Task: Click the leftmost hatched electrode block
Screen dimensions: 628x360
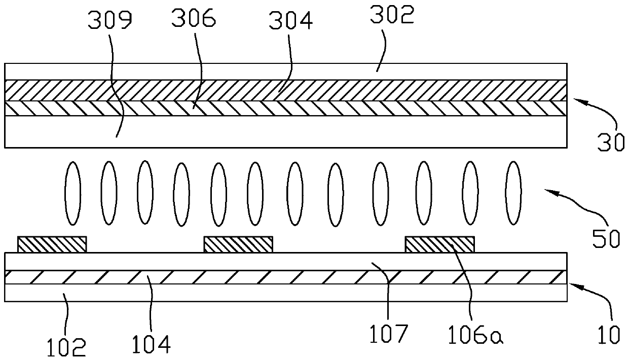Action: point(52,244)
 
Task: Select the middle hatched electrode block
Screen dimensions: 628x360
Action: point(238,244)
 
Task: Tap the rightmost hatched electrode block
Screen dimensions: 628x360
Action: point(440,244)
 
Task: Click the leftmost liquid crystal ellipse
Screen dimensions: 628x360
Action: point(72,194)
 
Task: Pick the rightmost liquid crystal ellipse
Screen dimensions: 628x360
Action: point(514,194)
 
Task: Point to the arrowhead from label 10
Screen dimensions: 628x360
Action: point(573,285)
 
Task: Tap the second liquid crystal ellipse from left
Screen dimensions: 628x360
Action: point(108,194)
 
